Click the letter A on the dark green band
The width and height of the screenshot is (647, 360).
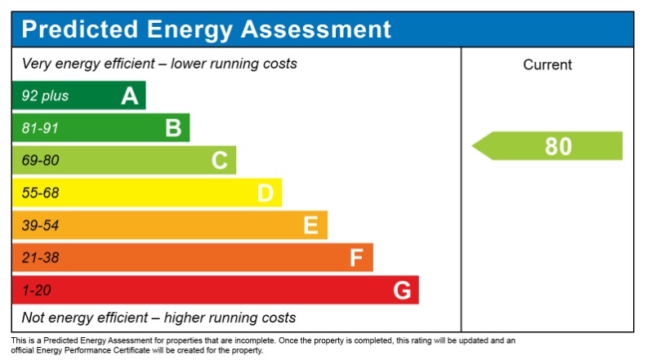129,96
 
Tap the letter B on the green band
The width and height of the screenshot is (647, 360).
173,128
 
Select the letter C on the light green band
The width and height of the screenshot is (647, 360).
219,161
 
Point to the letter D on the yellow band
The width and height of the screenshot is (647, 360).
265,193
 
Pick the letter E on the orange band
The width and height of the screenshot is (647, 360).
310,225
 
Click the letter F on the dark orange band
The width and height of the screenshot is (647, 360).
356,258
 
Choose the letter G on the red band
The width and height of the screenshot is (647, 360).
402,290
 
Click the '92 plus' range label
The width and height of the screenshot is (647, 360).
45,96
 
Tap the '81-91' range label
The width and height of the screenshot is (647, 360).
40,128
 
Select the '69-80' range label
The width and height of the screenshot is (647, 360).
40,161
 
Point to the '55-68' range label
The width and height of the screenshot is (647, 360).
40,193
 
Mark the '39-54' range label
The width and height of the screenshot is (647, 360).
40,225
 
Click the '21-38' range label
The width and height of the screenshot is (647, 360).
40,258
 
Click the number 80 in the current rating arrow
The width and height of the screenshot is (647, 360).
558,146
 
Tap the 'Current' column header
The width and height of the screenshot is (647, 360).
547,65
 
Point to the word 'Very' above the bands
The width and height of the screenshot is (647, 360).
37,64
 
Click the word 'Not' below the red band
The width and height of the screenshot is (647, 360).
33,318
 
